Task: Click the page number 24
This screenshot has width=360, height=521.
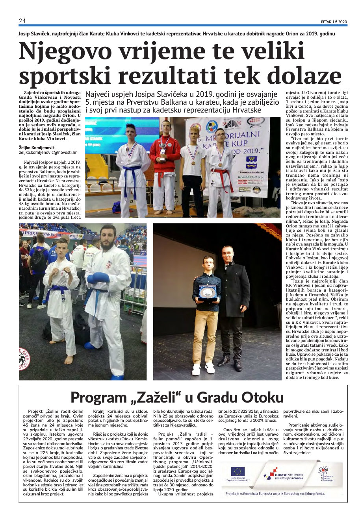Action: [x=22, y=21]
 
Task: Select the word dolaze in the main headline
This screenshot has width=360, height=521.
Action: [x=302, y=75]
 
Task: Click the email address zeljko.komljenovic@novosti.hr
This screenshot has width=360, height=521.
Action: [x=48, y=152]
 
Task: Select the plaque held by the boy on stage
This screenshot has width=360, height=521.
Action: [x=208, y=291]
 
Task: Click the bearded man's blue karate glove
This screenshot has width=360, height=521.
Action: [x=98, y=278]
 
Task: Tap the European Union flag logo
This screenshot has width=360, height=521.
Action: [x=238, y=471]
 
